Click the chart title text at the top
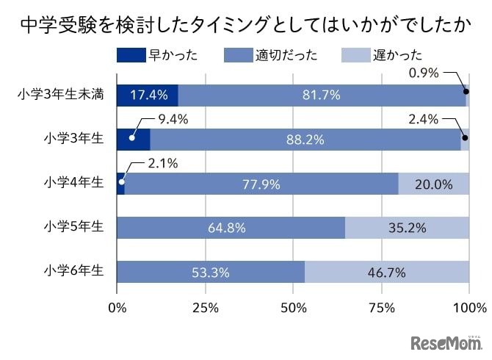tap(245, 26)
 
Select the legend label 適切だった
tap(287, 56)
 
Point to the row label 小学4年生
tap(74, 184)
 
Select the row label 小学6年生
tap(74, 272)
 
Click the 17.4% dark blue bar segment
tap(147, 96)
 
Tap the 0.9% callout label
tap(424, 73)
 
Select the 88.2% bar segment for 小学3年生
tap(305, 140)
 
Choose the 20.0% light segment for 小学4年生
tap(433, 184)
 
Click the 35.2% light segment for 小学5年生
tap(407, 228)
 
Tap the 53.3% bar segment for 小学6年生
tap(211, 272)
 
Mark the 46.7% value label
tap(386, 273)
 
